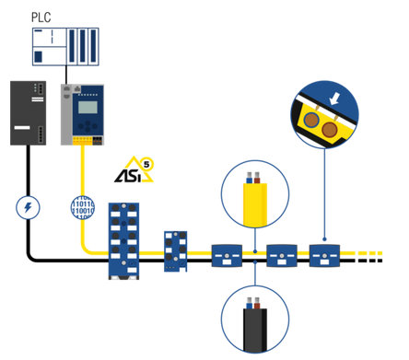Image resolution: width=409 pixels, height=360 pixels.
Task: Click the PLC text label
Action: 41,17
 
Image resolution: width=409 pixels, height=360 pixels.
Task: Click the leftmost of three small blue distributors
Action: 226,254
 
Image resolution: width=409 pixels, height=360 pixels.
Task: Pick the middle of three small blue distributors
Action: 279,254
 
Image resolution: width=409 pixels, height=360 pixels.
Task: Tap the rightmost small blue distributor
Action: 325,254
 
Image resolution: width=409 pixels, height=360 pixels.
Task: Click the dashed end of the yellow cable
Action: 376,250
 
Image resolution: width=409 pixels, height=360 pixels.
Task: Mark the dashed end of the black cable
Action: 376,259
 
